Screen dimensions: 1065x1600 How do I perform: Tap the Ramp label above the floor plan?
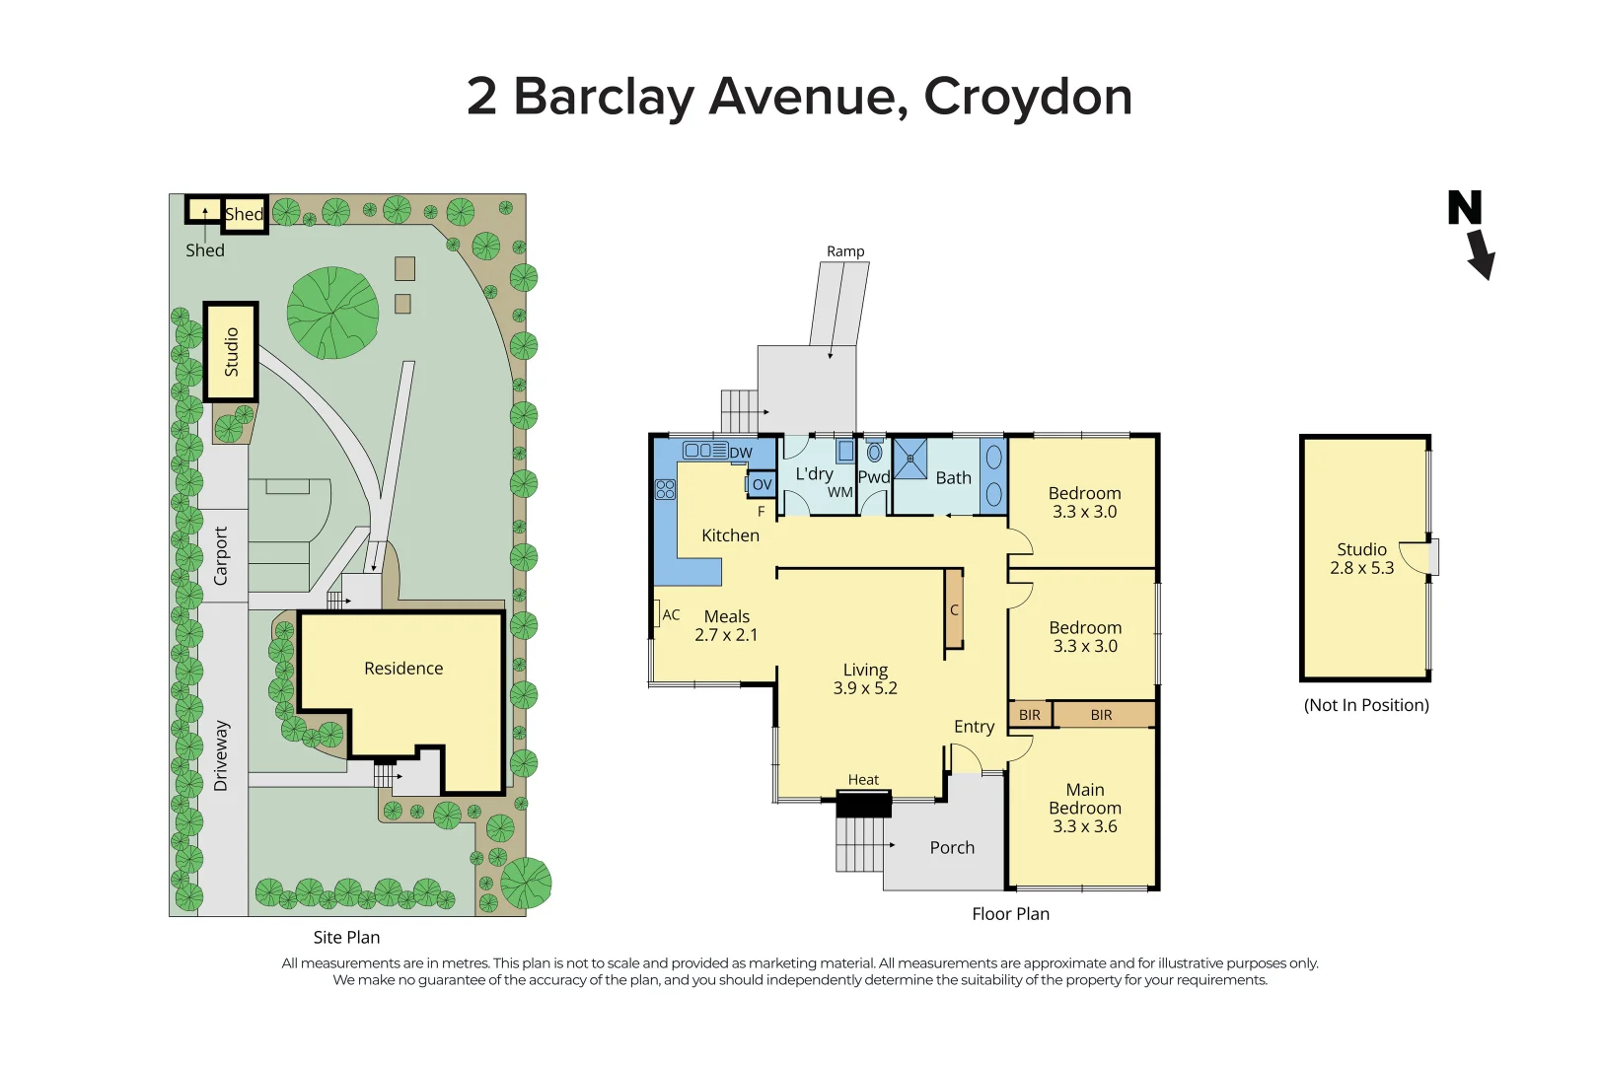pos(845,251)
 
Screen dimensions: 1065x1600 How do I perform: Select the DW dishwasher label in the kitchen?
pos(741,453)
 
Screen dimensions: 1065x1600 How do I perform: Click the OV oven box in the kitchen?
pos(762,484)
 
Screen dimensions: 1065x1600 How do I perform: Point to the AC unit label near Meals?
pos(671,614)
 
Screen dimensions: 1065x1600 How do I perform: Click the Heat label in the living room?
pos(863,780)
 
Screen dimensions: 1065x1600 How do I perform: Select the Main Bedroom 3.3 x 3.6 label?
pos(1085,808)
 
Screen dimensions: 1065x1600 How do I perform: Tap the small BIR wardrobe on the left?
pos(1030,715)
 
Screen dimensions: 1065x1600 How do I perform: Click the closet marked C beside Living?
pos(954,609)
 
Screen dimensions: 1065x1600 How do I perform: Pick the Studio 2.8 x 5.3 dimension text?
pos(1361,568)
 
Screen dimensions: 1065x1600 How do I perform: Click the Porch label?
pos(952,847)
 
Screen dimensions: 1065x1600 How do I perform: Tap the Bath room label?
pos(953,477)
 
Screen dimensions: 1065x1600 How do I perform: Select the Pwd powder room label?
pos(874,477)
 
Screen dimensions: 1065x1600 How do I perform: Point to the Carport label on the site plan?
pos(221,555)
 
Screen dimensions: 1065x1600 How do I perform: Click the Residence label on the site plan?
pos(403,669)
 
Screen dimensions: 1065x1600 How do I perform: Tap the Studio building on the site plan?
pos(232,352)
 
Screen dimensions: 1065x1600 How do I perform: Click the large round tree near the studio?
pos(332,313)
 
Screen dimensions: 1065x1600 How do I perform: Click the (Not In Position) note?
pos(1366,705)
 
